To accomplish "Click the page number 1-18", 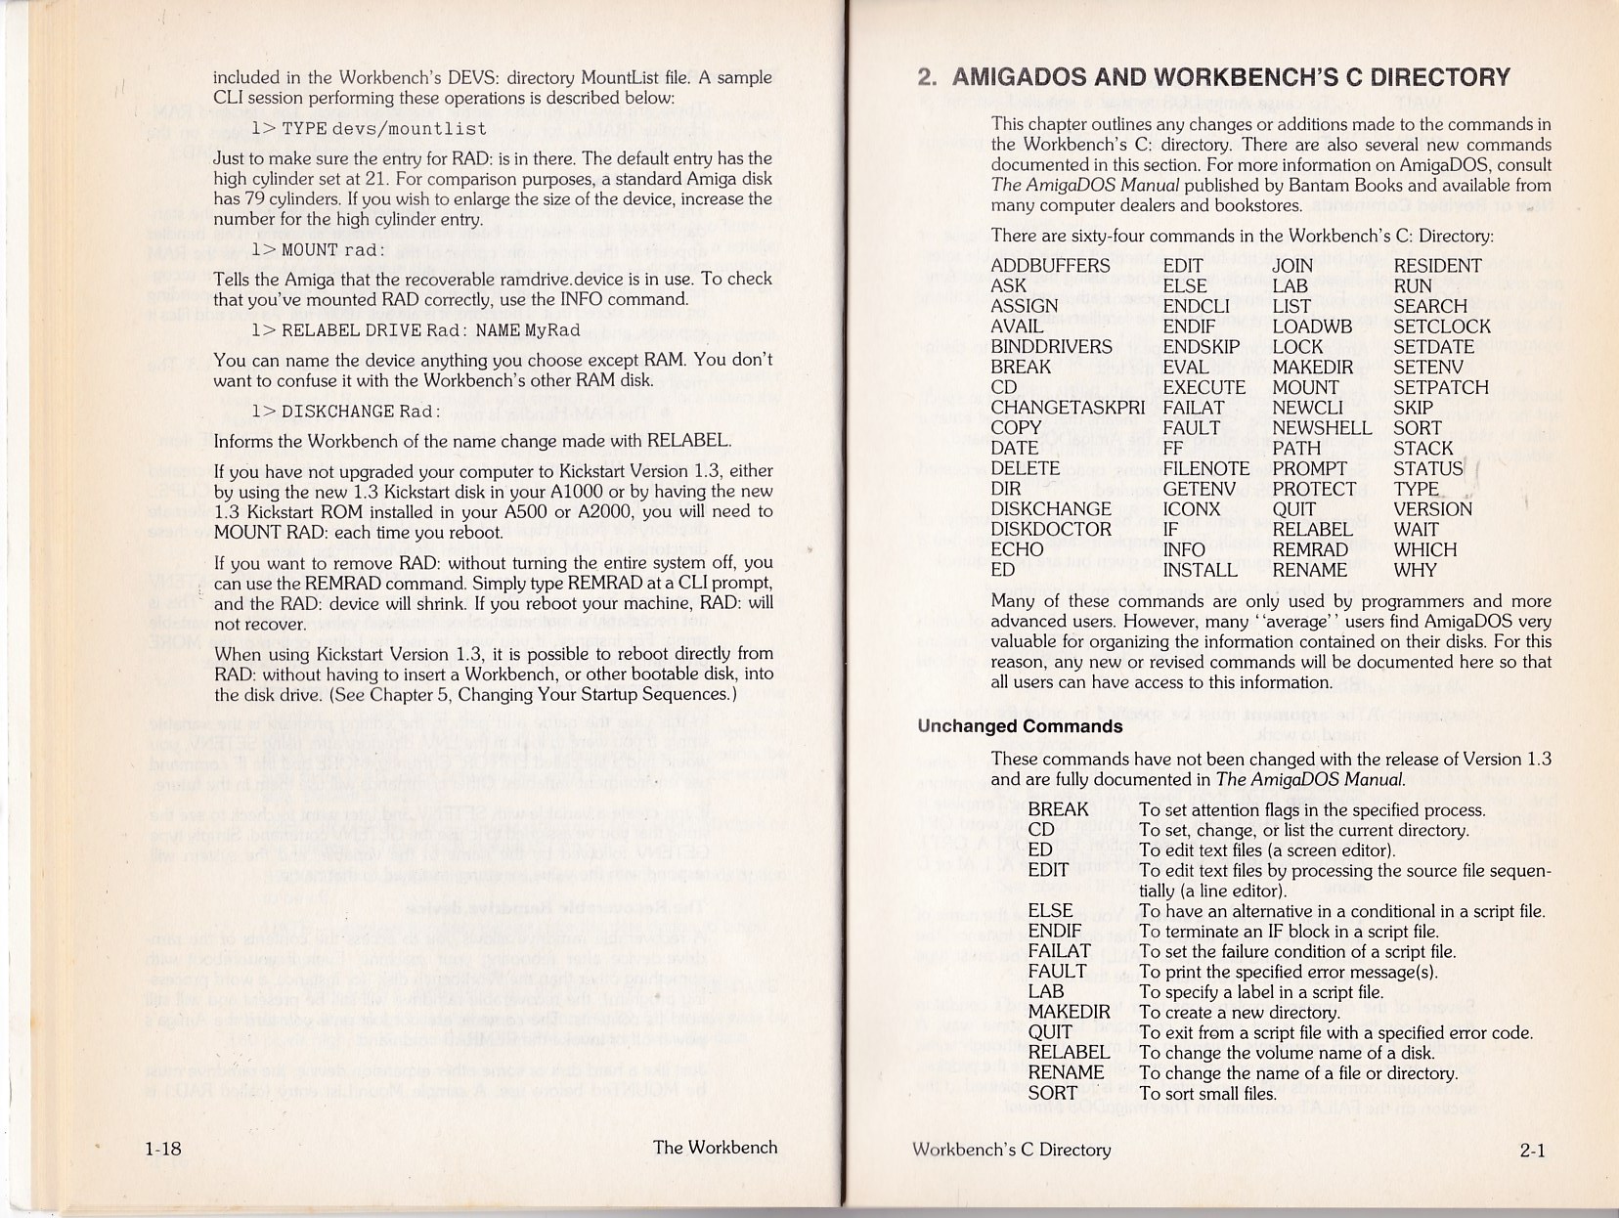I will [x=162, y=1149].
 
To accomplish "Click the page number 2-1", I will [x=1532, y=1151].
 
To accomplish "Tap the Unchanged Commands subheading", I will [x=1020, y=726].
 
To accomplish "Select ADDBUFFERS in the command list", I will [x=1050, y=266].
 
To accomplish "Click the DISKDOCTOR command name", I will [x=1050, y=530].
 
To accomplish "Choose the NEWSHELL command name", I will [x=1322, y=428].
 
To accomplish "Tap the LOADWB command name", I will [x=1312, y=326].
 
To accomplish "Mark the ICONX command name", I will [x=1192, y=509].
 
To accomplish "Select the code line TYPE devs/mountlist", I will [x=369, y=129].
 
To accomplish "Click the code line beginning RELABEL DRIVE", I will [x=416, y=330].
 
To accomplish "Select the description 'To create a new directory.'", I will [x=1239, y=1012].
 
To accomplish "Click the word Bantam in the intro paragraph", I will [x=1346, y=186].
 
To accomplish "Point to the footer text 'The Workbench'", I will [x=715, y=1148].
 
